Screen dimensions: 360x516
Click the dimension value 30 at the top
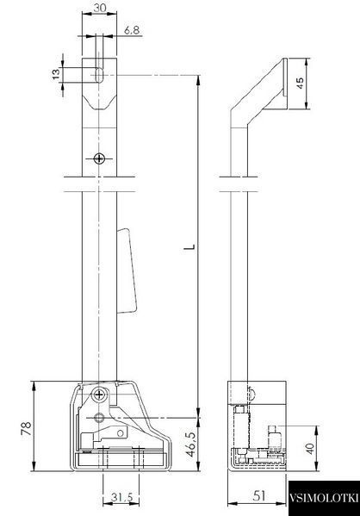tap(99, 7)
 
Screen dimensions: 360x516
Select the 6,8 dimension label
tap(132, 30)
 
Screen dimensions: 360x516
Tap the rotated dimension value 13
tap(57, 74)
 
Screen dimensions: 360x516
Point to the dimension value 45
tap(300, 83)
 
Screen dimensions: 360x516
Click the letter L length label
tap(189, 246)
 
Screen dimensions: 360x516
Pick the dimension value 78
tap(27, 428)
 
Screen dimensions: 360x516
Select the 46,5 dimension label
tap(190, 444)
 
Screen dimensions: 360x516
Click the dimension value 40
tap(309, 449)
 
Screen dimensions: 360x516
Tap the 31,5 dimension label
tap(121, 497)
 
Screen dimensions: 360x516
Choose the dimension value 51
tap(258, 495)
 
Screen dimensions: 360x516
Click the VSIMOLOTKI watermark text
tap(324, 497)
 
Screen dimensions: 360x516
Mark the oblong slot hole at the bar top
tap(99, 75)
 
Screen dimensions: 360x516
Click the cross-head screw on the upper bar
tap(99, 159)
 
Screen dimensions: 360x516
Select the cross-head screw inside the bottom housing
tap(99, 394)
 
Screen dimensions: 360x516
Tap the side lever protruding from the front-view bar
tap(127, 270)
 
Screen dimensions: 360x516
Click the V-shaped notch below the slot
tap(99, 102)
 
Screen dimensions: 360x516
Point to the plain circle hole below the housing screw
tap(99, 418)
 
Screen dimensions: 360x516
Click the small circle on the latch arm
tap(121, 433)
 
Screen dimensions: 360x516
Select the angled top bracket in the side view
tap(259, 93)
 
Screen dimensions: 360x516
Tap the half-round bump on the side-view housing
tap(251, 394)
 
